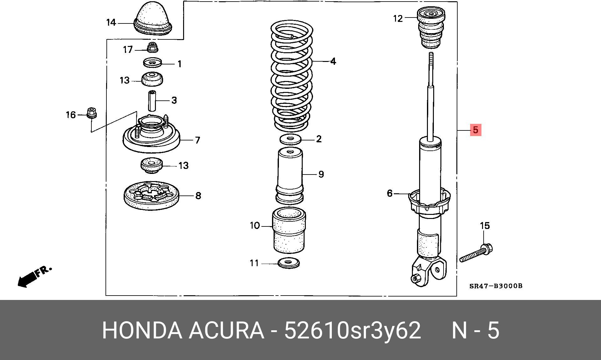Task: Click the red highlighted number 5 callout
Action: (x=475, y=130)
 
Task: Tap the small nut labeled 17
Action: (x=153, y=47)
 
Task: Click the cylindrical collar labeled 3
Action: (x=152, y=100)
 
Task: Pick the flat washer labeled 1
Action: (x=153, y=63)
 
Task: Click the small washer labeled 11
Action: (x=289, y=263)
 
